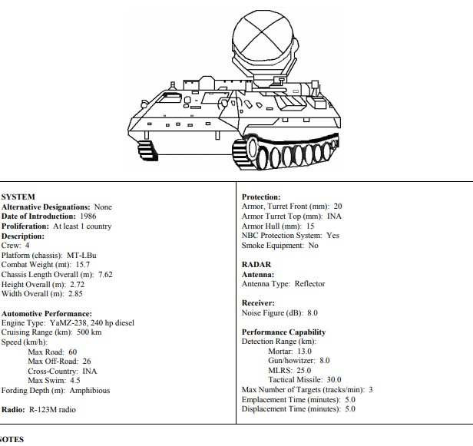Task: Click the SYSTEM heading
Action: [18, 197]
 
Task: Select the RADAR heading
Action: [256, 265]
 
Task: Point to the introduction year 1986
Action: [88, 216]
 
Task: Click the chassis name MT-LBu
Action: [81, 255]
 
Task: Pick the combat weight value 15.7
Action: [83, 265]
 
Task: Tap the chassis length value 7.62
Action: [105, 274]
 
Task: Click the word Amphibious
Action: [90, 391]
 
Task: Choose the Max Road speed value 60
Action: [73, 352]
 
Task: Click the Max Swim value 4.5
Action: [75, 381]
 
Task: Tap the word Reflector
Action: [309, 284]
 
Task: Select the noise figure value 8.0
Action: [313, 313]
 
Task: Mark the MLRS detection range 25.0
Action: [304, 370]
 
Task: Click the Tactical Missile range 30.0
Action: [334, 380]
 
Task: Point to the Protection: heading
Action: [261, 197]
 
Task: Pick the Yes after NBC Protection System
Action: [333, 235]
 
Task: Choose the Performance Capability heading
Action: [284, 332]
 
